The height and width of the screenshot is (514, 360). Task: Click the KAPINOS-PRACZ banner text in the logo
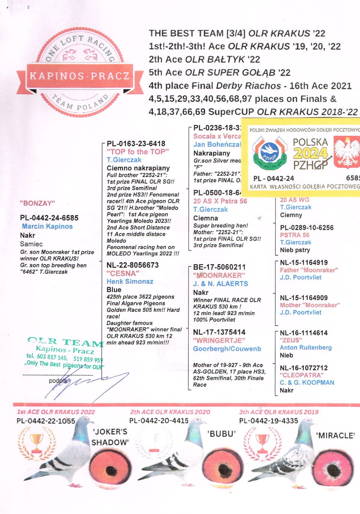79,76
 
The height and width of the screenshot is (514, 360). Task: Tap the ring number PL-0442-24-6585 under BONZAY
49,218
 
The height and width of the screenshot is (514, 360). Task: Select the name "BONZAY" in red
37,203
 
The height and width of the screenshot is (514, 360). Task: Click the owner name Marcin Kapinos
47,226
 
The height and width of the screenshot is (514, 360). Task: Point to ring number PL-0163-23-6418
136,144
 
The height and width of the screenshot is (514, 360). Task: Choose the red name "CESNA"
123,273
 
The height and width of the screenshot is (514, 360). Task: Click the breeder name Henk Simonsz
130,281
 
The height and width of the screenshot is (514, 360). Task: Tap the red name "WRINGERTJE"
219,341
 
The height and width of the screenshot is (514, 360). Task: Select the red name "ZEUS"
291,340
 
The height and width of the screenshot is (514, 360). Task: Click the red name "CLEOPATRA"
301,375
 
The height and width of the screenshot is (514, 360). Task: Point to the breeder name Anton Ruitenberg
306,347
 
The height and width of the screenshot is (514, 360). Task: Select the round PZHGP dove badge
269,153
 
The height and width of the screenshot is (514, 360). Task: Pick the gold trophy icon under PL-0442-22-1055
37,443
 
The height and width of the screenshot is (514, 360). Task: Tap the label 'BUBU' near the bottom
222,434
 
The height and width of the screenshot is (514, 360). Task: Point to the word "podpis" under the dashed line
58,381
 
